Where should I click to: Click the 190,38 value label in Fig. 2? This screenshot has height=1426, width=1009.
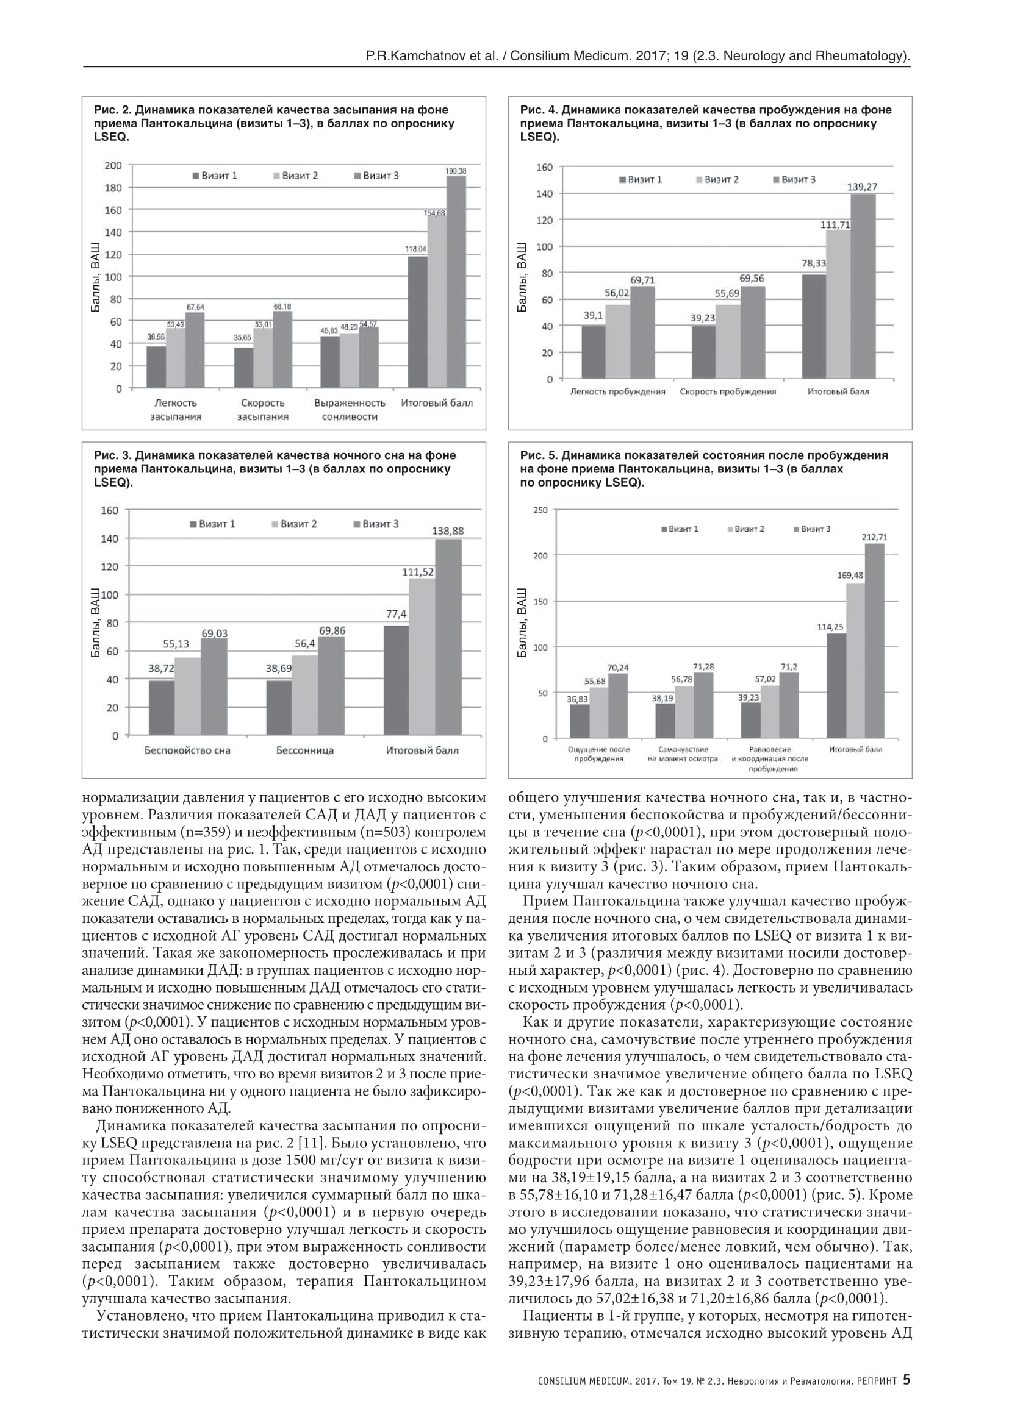(456, 171)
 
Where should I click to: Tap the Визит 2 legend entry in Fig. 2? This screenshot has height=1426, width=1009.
(295, 176)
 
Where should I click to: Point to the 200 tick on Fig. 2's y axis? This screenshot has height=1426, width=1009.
(113, 165)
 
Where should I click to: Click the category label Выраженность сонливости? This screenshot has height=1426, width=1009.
(350, 409)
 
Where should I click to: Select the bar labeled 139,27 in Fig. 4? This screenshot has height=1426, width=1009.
(863, 287)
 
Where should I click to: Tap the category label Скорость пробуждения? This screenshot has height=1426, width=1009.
(728, 392)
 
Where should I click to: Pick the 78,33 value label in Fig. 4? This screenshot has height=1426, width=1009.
(813, 263)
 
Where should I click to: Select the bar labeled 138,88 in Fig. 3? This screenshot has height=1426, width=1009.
(447, 636)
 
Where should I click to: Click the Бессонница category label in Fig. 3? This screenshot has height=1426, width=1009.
(304, 750)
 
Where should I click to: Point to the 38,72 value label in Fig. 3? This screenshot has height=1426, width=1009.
(162, 669)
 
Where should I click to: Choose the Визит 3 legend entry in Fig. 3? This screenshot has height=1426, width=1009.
(376, 524)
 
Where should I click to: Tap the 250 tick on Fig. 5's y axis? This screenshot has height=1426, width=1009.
(540, 510)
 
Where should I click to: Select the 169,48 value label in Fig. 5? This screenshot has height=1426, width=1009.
(850, 575)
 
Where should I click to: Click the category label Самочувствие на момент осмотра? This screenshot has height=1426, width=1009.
(682, 754)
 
